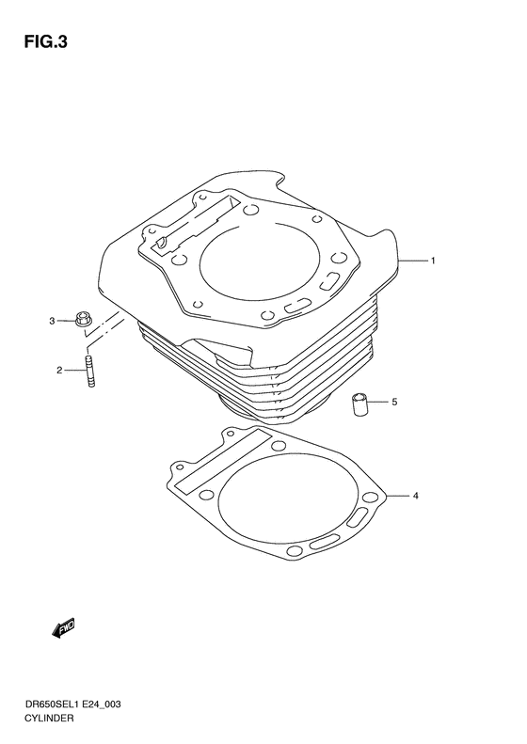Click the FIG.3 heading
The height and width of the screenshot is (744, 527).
click(x=45, y=41)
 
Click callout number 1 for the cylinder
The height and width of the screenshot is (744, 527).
click(x=433, y=261)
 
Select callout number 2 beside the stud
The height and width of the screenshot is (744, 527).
click(x=59, y=370)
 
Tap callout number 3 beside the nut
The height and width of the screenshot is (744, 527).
click(x=52, y=321)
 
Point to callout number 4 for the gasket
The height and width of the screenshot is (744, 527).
click(x=415, y=496)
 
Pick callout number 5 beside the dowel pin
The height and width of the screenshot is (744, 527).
click(x=394, y=402)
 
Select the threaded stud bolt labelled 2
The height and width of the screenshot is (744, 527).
click(x=90, y=372)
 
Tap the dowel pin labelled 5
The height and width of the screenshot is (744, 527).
click(x=359, y=404)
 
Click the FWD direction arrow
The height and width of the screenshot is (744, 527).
click(x=63, y=628)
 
